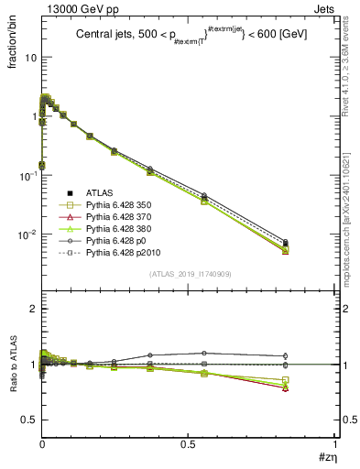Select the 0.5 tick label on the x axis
[188, 444]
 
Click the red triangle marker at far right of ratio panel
[286, 387]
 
